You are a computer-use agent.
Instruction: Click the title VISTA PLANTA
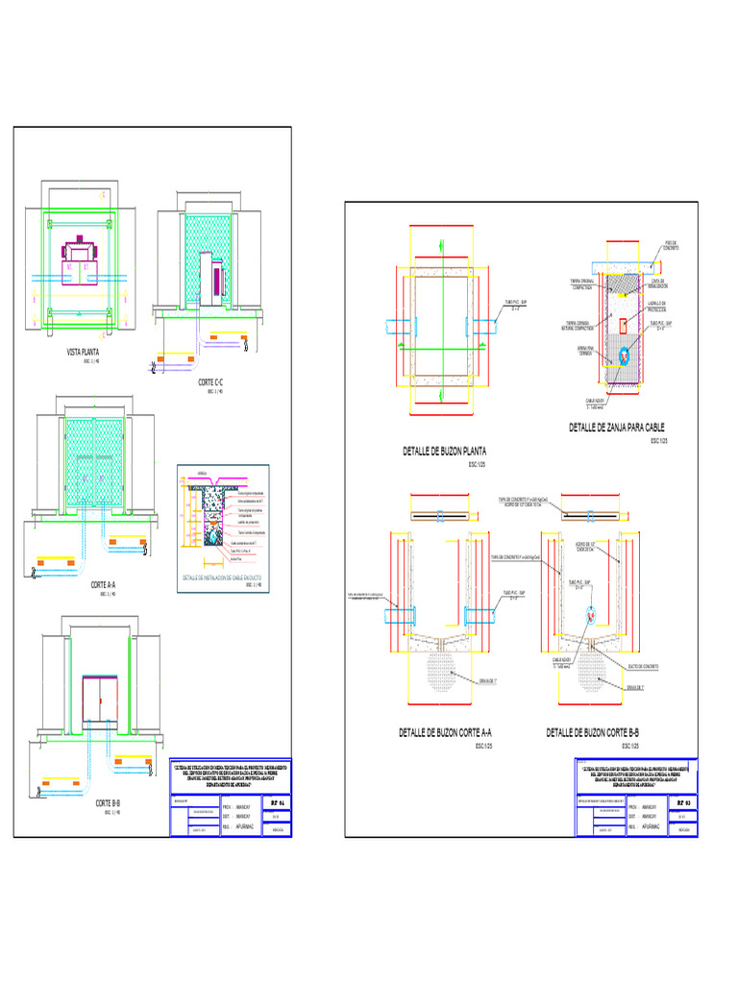pos(82,353)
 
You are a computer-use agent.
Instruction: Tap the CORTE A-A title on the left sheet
pos(104,585)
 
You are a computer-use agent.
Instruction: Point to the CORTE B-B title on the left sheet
pos(107,803)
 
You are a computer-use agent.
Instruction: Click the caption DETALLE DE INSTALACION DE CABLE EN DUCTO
pos(222,578)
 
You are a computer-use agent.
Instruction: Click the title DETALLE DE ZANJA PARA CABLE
pos(616,427)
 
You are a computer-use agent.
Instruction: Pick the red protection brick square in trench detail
pos(624,323)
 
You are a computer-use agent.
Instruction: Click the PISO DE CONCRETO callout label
pos(671,245)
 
